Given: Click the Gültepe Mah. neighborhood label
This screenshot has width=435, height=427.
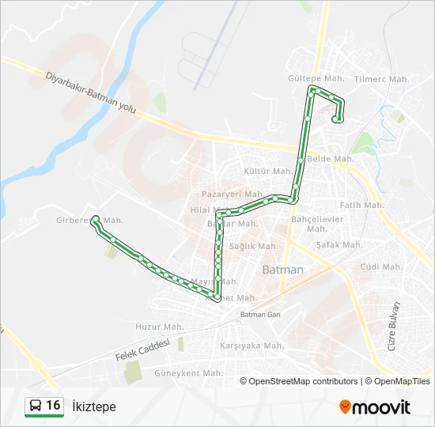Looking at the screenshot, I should pyautogui.click(x=316, y=79).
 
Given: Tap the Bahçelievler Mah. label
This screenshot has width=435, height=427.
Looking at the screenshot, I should pyautogui.click(x=317, y=223).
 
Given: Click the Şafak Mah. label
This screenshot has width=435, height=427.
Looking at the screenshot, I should pyautogui.click(x=339, y=245).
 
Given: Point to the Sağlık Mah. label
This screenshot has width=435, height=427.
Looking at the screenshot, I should pyautogui.click(x=252, y=247).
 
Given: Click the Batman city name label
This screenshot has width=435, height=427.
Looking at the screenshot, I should pyautogui.click(x=282, y=270).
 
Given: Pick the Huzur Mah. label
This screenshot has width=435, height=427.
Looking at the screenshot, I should pyautogui.click(x=159, y=327).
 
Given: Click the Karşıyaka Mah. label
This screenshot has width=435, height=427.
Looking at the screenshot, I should pyautogui.click(x=252, y=346).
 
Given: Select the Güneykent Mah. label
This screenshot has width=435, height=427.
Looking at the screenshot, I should pyautogui.click(x=189, y=372).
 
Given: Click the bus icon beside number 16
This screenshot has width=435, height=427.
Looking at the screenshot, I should pyautogui.click(x=36, y=406).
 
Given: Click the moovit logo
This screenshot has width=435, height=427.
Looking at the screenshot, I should pyautogui.click(x=375, y=406).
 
